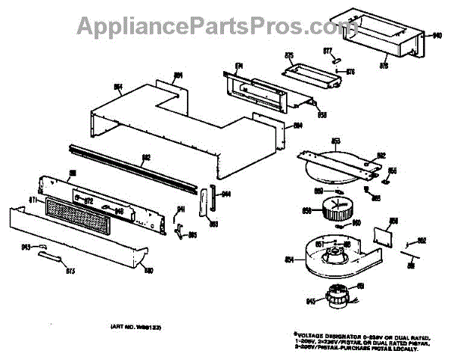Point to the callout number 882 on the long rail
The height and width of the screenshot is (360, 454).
[147, 158]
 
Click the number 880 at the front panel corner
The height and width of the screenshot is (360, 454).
[148, 271]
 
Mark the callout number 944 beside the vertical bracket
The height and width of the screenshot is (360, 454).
[225, 194]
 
